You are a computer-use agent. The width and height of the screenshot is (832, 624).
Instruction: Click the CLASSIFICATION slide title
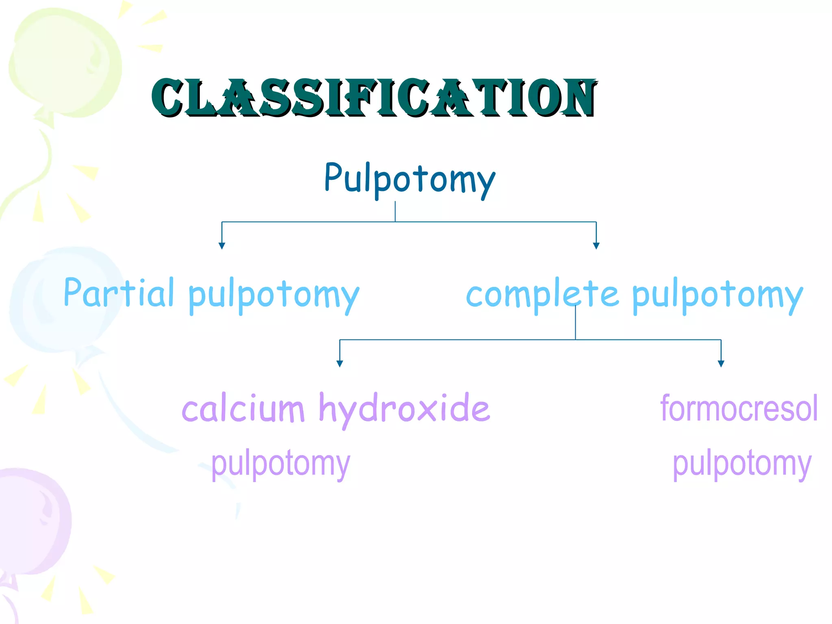[374, 97]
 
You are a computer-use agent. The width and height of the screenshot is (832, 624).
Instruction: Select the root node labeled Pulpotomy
[409, 179]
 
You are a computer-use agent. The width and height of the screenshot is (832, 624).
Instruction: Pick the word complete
[542, 295]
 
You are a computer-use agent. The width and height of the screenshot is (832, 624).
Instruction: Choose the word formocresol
[739, 408]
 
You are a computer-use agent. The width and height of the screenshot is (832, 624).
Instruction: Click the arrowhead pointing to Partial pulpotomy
[222, 245]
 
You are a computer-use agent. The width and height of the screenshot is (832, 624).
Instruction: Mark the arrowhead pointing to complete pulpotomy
[596, 245]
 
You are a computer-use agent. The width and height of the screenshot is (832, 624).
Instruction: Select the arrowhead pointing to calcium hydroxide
[340, 364]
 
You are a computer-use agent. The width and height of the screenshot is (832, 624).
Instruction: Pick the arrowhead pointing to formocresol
[721, 364]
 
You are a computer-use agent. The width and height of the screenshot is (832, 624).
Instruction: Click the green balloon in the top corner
[65, 61]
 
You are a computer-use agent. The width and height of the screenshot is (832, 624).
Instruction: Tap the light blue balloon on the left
[61, 301]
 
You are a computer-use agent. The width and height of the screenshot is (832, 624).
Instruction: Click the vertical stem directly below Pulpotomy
[395, 211]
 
